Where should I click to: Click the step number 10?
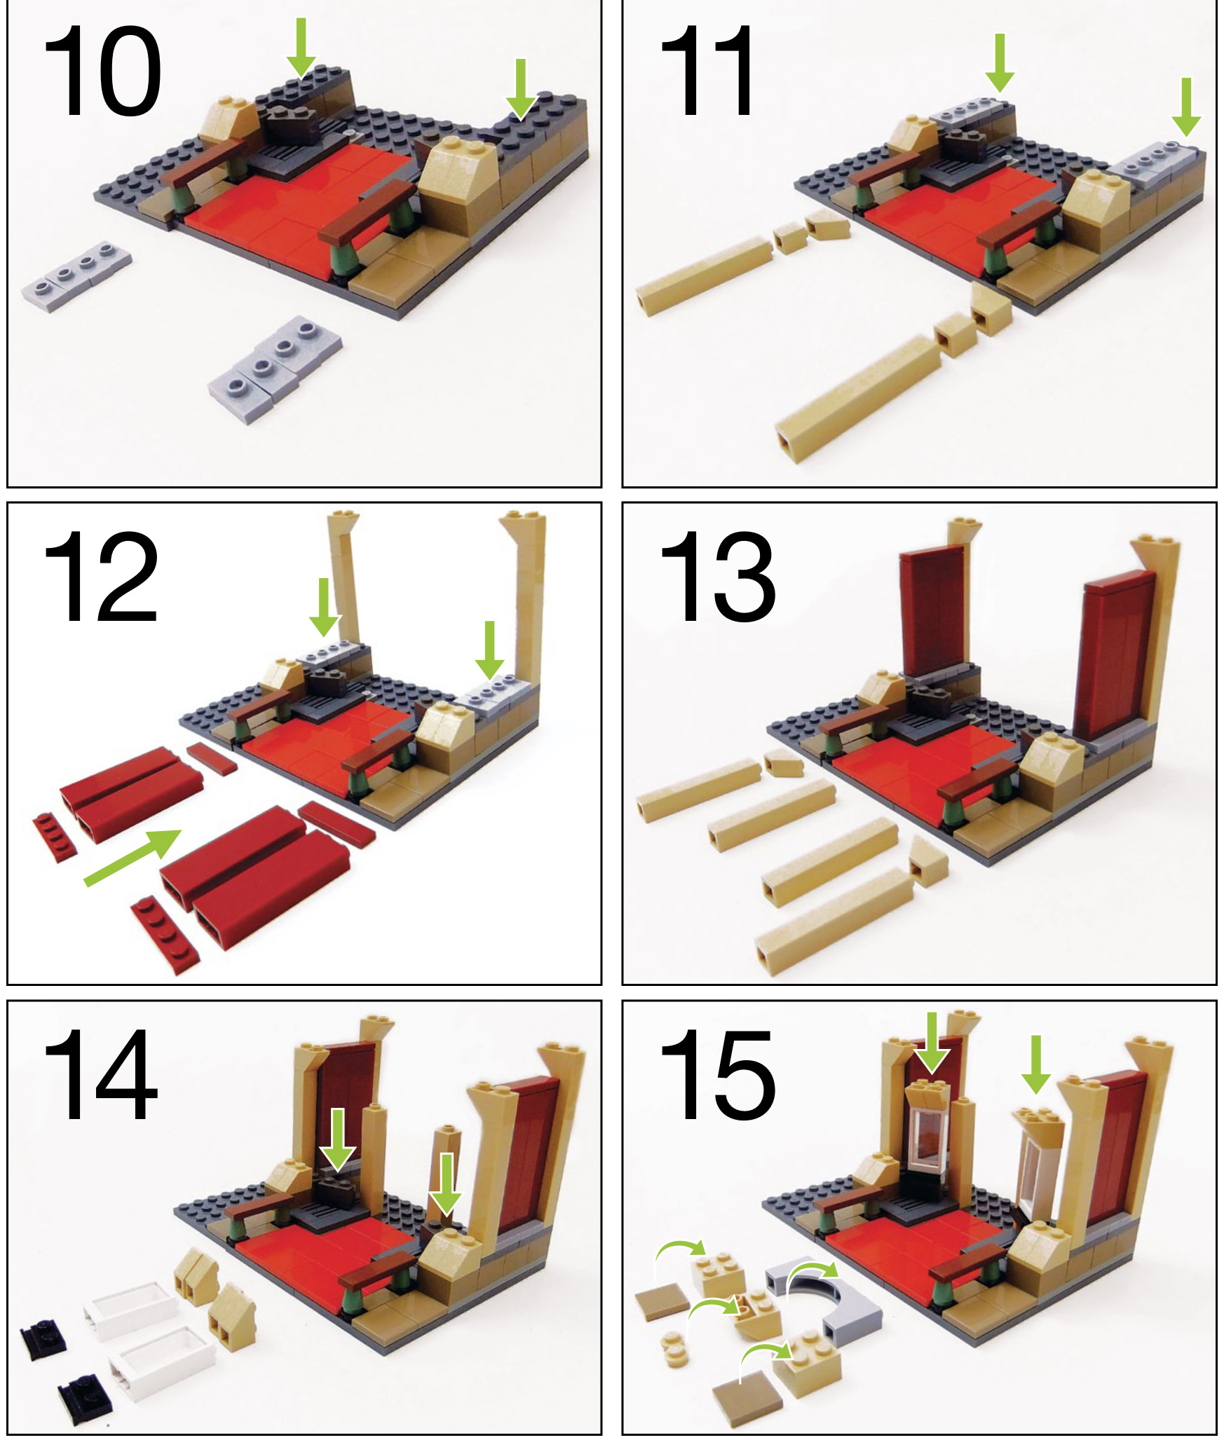[x=102, y=71]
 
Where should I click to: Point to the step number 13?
[x=718, y=576]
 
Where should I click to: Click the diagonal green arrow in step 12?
[x=133, y=856]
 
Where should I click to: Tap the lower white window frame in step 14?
[x=161, y=1363]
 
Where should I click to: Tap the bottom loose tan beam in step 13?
[x=834, y=921]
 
